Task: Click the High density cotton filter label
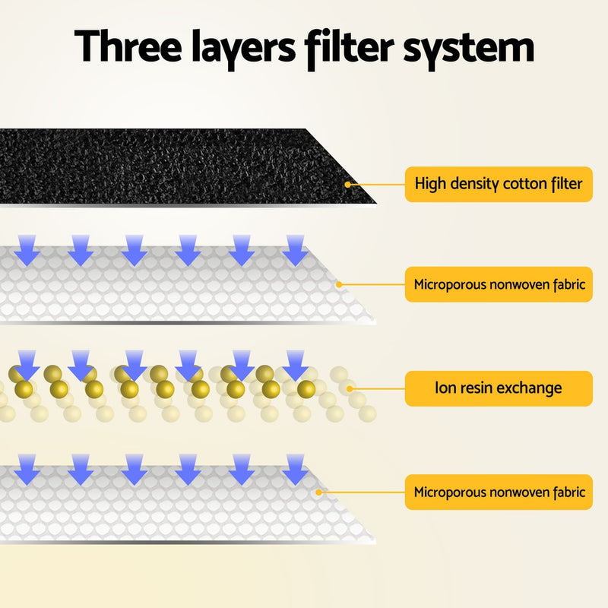coord(498,184)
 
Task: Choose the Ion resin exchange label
coord(498,388)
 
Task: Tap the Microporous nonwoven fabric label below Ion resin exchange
coord(498,492)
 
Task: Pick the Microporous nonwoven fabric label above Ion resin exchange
coord(498,285)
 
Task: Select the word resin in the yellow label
coord(478,388)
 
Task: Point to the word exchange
coord(531,388)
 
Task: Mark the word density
coord(473,184)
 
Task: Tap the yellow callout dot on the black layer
coord(348,184)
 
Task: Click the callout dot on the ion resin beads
coord(350,388)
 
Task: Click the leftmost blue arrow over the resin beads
coord(27,363)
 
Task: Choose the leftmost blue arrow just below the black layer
coord(27,249)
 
